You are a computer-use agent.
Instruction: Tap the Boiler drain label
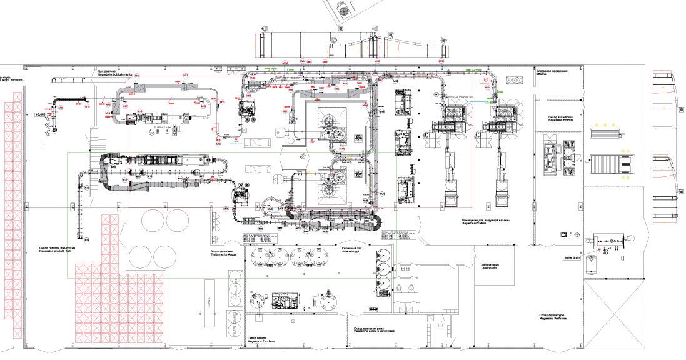(572, 257)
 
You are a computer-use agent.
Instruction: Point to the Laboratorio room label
(489, 266)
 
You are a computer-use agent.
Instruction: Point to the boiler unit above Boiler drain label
(610, 241)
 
